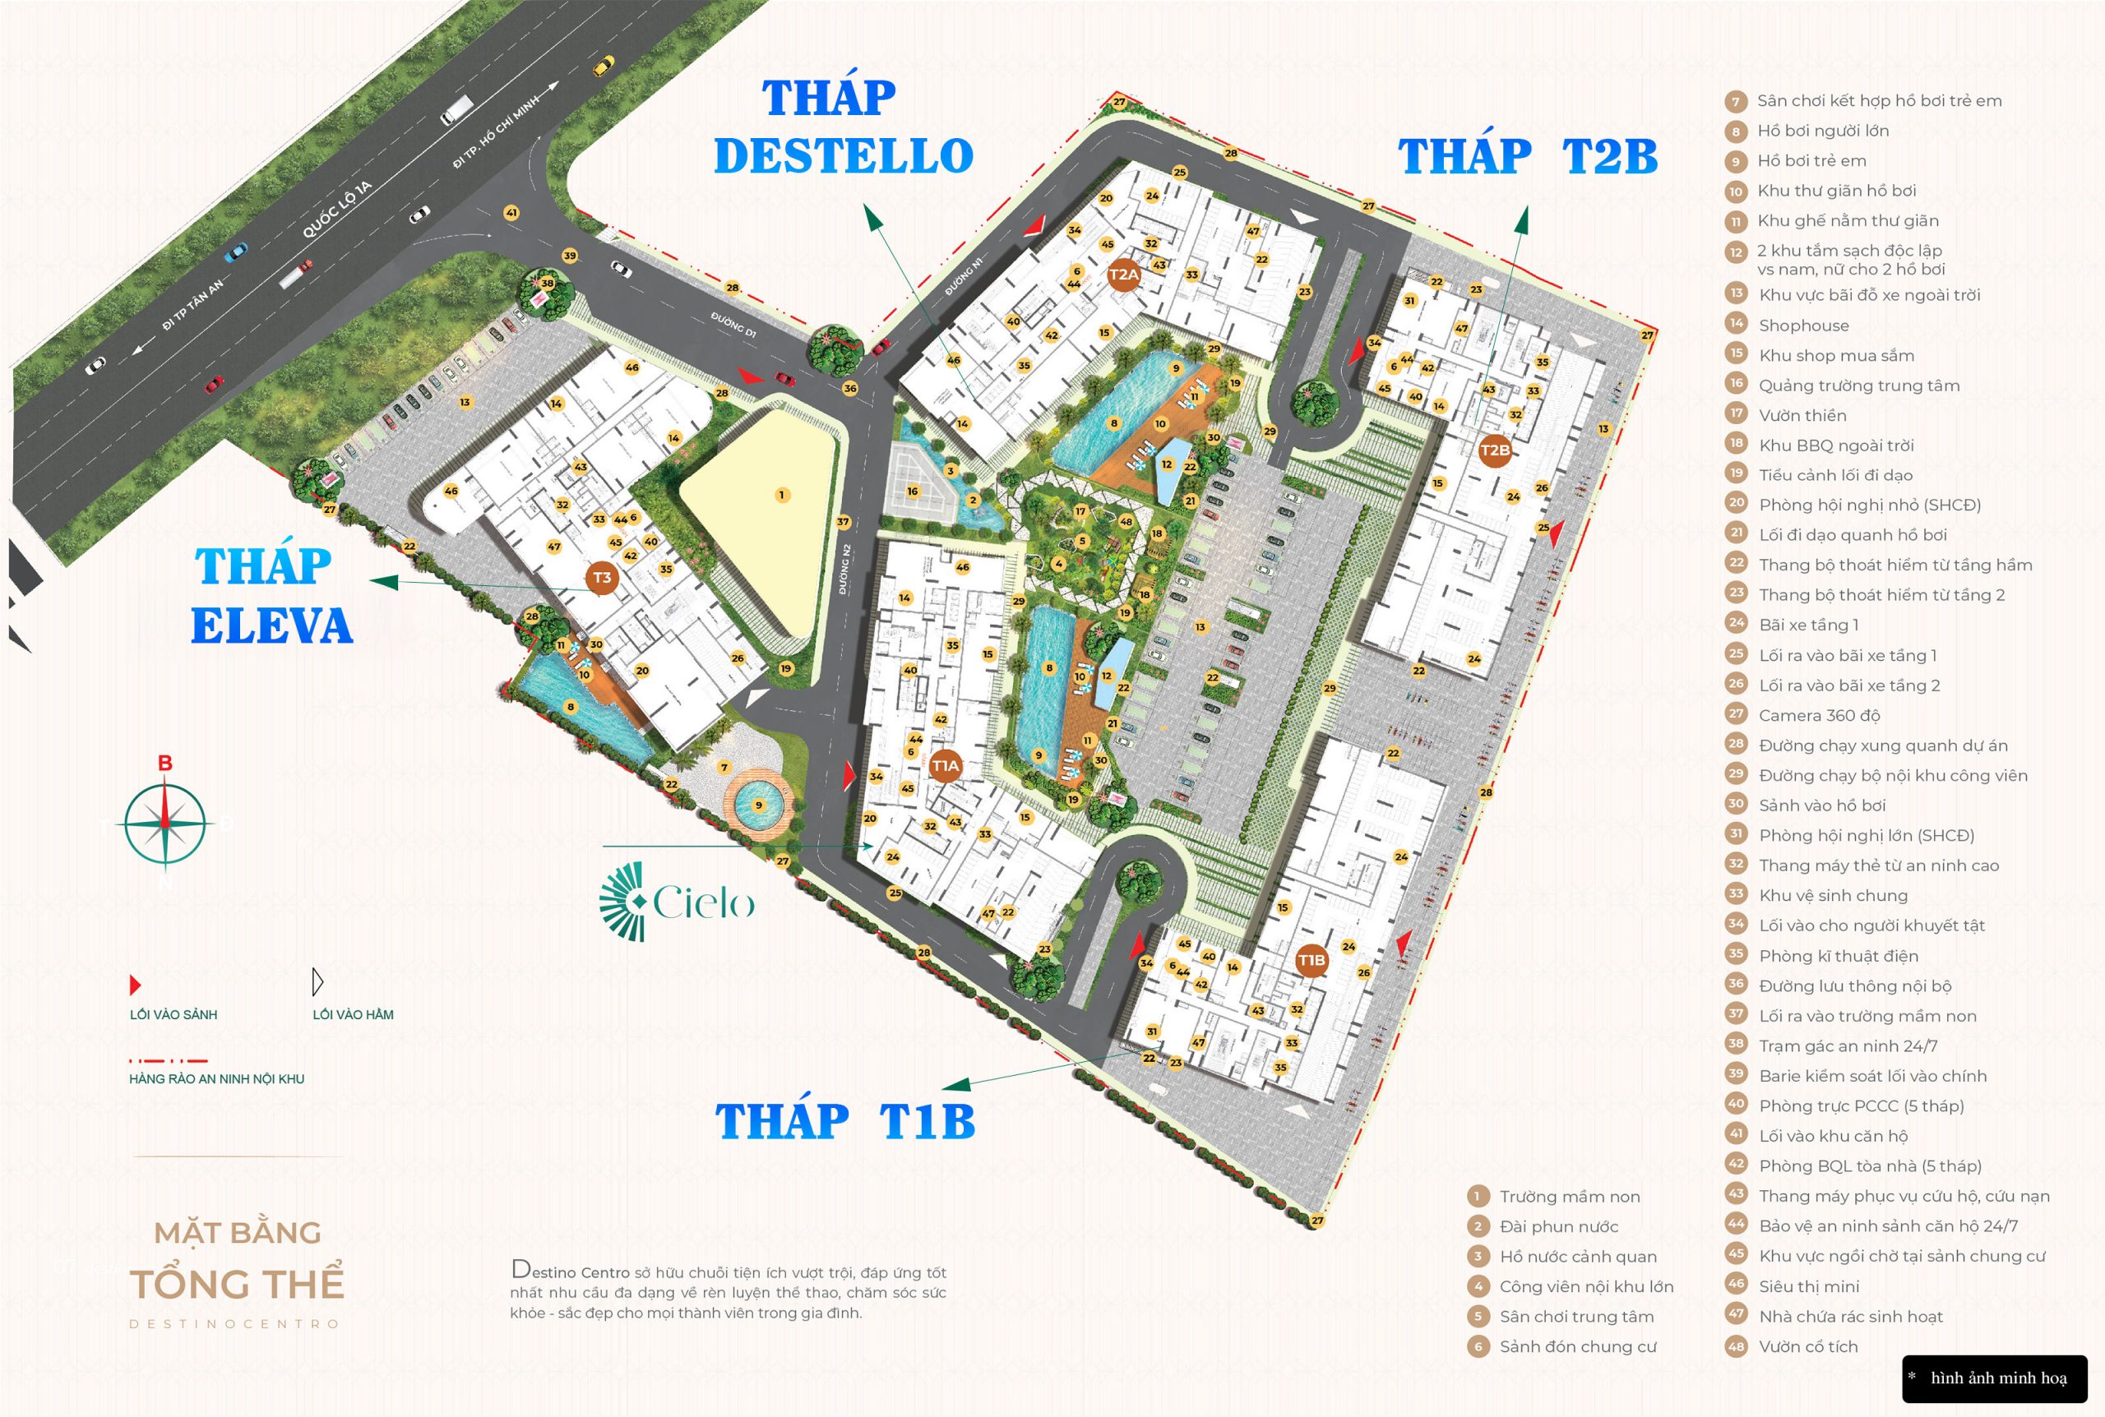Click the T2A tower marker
click(x=1123, y=275)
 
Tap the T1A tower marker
click(x=945, y=765)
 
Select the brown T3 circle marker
click(x=602, y=579)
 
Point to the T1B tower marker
click(x=1311, y=960)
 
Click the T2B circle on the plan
click(x=1495, y=450)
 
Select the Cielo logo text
click(x=702, y=902)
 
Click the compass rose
click(x=164, y=824)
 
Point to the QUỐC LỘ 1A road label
click(x=337, y=210)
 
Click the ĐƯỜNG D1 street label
click(x=733, y=324)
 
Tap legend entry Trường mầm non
click(x=1569, y=1197)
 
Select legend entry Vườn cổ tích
click(x=1807, y=1346)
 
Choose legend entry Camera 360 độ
click(x=1819, y=716)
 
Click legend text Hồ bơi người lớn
click(x=1822, y=131)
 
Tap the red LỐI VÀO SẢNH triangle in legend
click(x=136, y=984)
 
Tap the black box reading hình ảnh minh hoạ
click(x=1995, y=1378)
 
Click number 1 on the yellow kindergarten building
click(x=782, y=494)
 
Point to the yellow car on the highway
click(x=603, y=65)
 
